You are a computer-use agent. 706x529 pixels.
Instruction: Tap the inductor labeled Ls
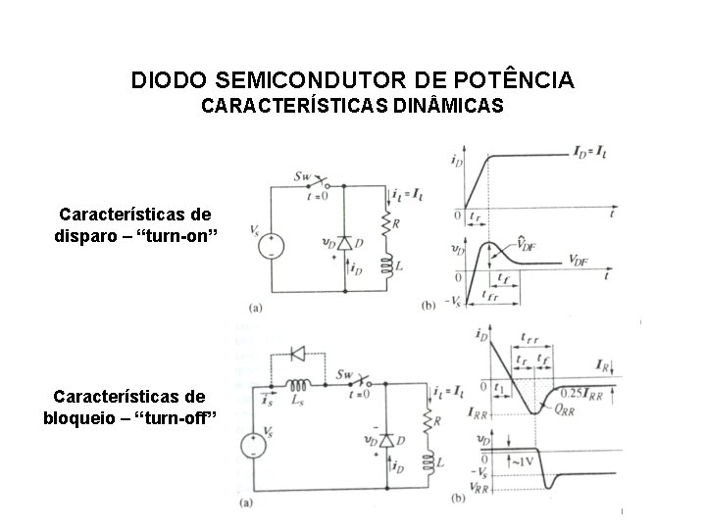[295, 384]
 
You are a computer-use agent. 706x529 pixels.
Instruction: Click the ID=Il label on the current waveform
[589, 152]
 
